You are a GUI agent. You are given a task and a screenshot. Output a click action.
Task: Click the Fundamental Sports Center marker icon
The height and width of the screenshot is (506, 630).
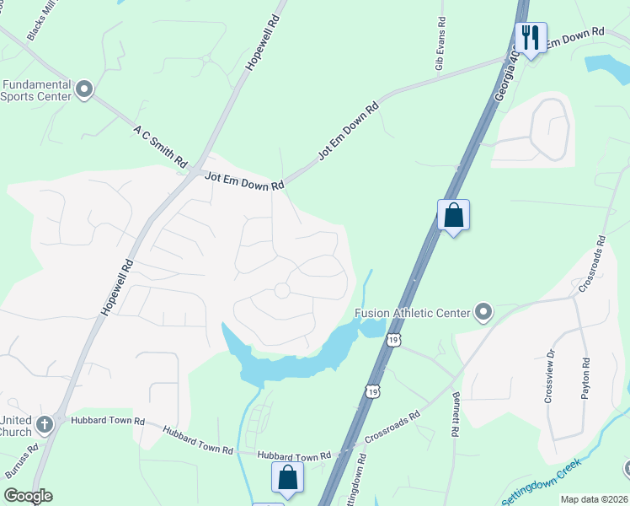pyautogui.click(x=83, y=89)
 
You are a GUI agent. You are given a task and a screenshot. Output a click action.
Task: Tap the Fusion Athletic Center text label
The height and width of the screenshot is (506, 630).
pyautogui.click(x=412, y=313)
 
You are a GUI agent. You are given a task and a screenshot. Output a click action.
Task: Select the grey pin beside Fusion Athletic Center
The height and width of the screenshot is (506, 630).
pyautogui.click(x=483, y=313)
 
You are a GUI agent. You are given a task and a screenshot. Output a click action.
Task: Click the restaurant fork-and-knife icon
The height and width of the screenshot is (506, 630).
pyautogui.click(x=531, y=38)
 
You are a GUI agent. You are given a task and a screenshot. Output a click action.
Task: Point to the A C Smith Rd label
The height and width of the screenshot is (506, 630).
pyautogui.click(x=158, y=144)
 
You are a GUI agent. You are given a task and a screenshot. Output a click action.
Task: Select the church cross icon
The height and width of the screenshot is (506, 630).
pyautogui.click(x=44, y=423)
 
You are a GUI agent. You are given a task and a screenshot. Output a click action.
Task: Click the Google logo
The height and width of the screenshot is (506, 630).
pyautogui.click(x=28, y=496)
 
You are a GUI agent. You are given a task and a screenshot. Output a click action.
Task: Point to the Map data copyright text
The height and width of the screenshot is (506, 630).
pyautogui.click(x=593, y=499)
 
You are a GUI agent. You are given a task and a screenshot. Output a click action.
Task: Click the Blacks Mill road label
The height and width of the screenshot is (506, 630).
pyautogui.click(x=43, y=22)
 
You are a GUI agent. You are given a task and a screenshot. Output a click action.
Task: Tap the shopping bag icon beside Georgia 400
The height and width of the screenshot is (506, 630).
pyautogui.click(x=453, y=215)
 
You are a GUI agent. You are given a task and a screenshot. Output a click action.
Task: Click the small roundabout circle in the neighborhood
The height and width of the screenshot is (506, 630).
pyautogui.click(x=281, y=290)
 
